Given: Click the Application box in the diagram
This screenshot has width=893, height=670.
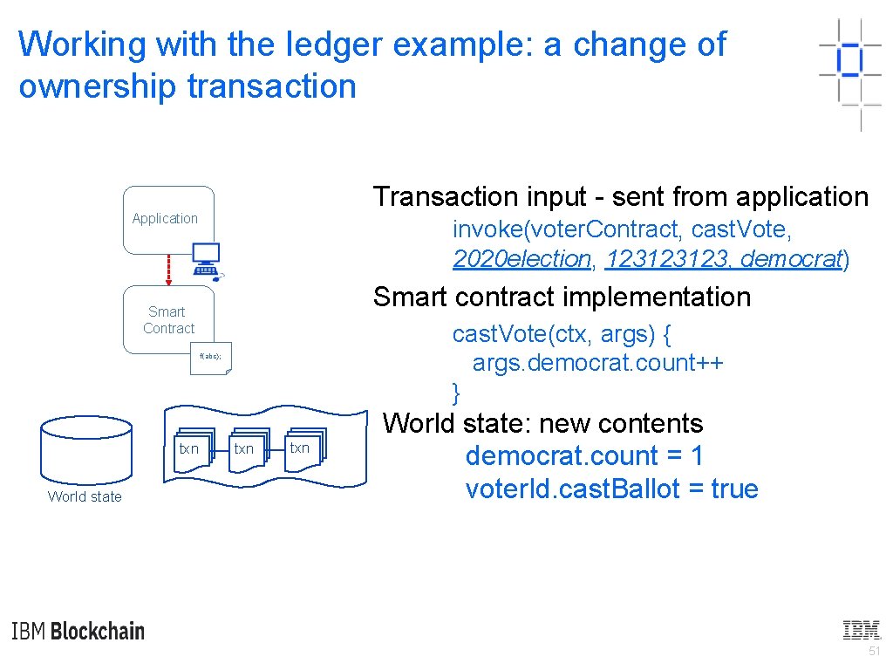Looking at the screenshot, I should coord(168,219).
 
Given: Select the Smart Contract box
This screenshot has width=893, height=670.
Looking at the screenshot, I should coord(168,319).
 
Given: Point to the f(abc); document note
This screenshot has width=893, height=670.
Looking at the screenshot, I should coord(211,358).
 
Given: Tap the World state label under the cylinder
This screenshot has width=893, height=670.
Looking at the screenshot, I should coord(85,496).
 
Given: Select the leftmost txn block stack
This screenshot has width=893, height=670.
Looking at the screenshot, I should coord(191,449).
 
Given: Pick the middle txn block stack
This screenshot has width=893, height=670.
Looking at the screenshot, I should coord(246,449).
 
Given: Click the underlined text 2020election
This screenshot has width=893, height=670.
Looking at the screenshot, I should coord(521,258).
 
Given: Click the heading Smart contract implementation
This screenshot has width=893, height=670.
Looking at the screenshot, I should coord(562,297).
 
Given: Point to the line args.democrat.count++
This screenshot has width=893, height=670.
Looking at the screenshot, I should coord(597,362).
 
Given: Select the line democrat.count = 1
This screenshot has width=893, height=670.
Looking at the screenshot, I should coord(584,455).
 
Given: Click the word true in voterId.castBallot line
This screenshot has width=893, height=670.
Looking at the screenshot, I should coord(734,489).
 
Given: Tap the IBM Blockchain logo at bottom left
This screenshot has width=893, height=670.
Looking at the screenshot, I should coord(78,631).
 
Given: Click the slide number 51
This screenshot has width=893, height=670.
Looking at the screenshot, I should coord(874,653).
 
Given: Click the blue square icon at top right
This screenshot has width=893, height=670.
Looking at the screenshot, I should coord(849,59).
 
